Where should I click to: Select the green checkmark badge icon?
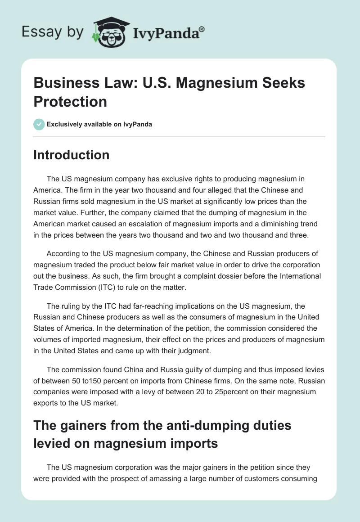(x=39, y=124)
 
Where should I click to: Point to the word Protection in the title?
(x=70, y=101)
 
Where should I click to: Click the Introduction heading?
(x=71, y=155)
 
